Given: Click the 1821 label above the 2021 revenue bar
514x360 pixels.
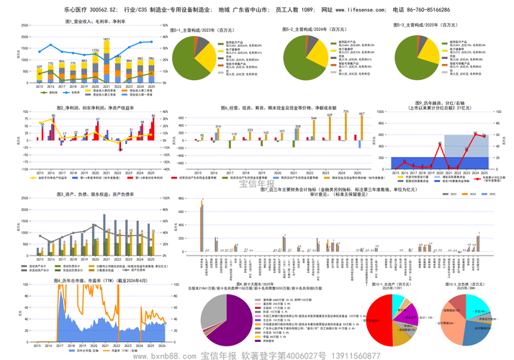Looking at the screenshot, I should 106,39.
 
